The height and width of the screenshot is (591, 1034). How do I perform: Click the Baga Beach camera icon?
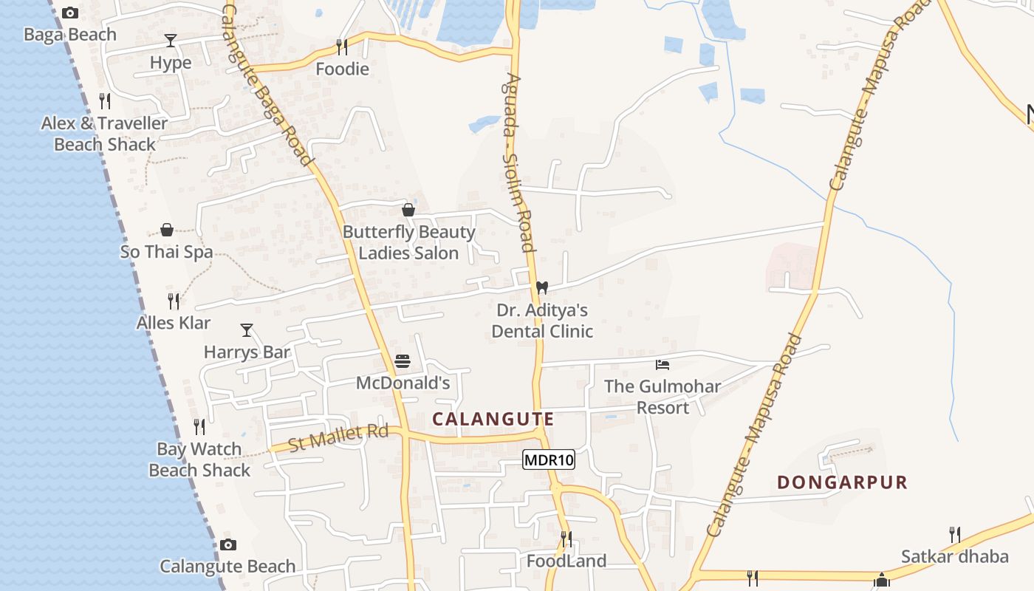tap(70, 13)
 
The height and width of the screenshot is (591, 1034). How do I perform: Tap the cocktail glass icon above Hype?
tap(171, 41)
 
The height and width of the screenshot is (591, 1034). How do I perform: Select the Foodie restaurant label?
tap(342, 69)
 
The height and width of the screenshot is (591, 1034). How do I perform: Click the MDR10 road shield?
tap(548, 460)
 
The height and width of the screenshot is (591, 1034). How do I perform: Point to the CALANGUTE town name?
tap(493, 419)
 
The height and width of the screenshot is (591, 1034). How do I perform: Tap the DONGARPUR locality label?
tap(842, 482)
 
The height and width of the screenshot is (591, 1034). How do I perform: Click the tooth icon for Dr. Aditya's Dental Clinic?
tap(542, 287)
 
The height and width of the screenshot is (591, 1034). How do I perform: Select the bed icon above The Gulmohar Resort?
tap(662, 364)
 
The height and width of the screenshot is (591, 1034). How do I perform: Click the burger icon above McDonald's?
tap(403, 361)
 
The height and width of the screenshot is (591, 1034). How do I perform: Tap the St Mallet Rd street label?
tap(338, 437)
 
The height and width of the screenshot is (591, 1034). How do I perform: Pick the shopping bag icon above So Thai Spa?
tap(167, 230)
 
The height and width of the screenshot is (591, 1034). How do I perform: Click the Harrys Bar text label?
tap(247, 352)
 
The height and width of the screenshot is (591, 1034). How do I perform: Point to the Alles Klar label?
tap(174, 323)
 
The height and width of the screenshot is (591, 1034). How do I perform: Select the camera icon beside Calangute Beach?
tap(228, 545)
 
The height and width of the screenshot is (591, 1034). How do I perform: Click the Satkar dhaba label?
tap(954, 556)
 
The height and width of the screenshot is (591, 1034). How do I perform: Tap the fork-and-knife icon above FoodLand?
tap(566, 539)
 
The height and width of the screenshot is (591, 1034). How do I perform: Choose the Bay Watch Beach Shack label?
tap(199, 460)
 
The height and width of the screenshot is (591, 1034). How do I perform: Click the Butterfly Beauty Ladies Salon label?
tap(408, 242)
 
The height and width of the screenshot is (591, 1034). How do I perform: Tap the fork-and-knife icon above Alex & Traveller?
tap(105, 100)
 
